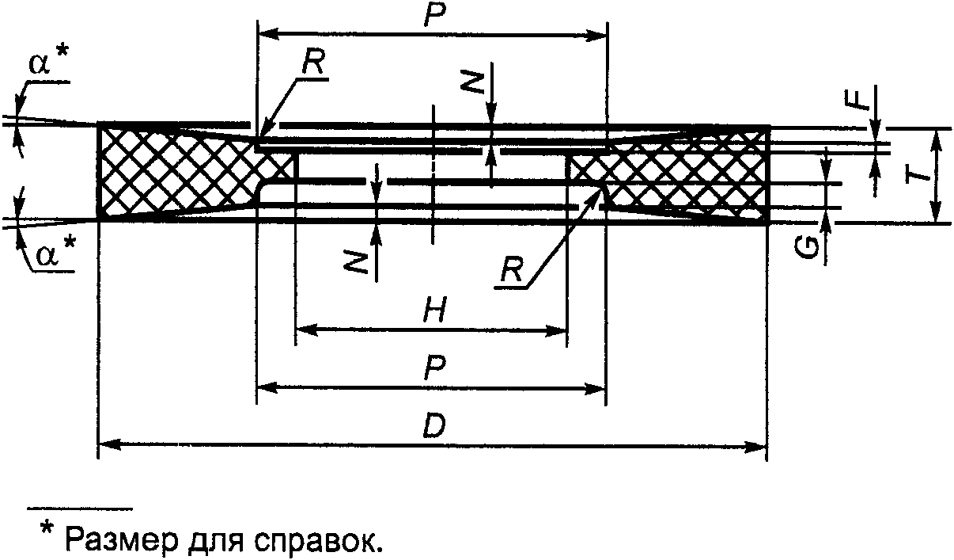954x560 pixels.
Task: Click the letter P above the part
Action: (433, 17)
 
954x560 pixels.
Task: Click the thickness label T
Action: (918, 177)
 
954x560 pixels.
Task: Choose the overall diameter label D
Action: (433, 428)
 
